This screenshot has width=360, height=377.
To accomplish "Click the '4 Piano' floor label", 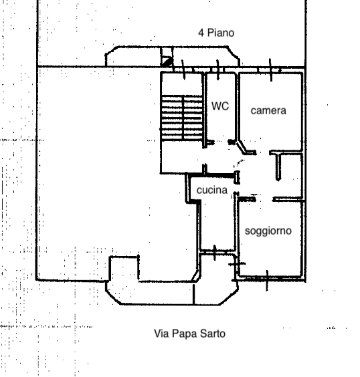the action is tap(216, 33).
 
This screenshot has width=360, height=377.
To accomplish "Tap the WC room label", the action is tap(220, 106).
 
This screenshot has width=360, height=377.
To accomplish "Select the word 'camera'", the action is tap(268, 110).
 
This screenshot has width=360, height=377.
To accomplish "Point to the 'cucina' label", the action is tap(211, 190).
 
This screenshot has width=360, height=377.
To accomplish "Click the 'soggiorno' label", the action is tap(268, 231).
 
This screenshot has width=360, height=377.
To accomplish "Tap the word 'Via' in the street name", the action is tap(161, 334).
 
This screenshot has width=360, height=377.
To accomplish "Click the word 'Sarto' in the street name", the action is tap(213, 334).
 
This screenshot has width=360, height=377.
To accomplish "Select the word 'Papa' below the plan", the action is tap(185, 334).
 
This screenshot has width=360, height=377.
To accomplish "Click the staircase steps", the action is tap(182, 118).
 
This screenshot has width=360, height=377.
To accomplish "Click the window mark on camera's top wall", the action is tap(270, 70).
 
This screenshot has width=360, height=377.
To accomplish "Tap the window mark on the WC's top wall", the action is tap(217, 70).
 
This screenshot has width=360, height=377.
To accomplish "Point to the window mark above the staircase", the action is tap(183, 70).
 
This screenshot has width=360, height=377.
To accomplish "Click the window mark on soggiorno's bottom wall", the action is tap(267, 280).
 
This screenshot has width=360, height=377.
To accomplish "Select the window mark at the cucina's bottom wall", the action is tap(215, 253).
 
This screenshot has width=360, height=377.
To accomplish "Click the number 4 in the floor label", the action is tap(201, 33).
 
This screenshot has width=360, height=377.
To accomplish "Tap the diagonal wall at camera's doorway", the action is tap(242, 147).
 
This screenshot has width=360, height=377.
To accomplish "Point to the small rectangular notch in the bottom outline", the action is tap(124, 268).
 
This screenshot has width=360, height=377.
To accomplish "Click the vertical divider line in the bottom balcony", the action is tap(193, 294).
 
